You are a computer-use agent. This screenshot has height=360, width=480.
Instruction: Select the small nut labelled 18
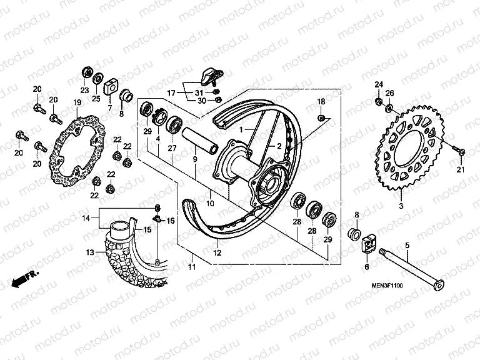click(321, 117)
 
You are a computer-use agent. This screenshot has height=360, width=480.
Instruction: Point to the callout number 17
click(171, 92)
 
